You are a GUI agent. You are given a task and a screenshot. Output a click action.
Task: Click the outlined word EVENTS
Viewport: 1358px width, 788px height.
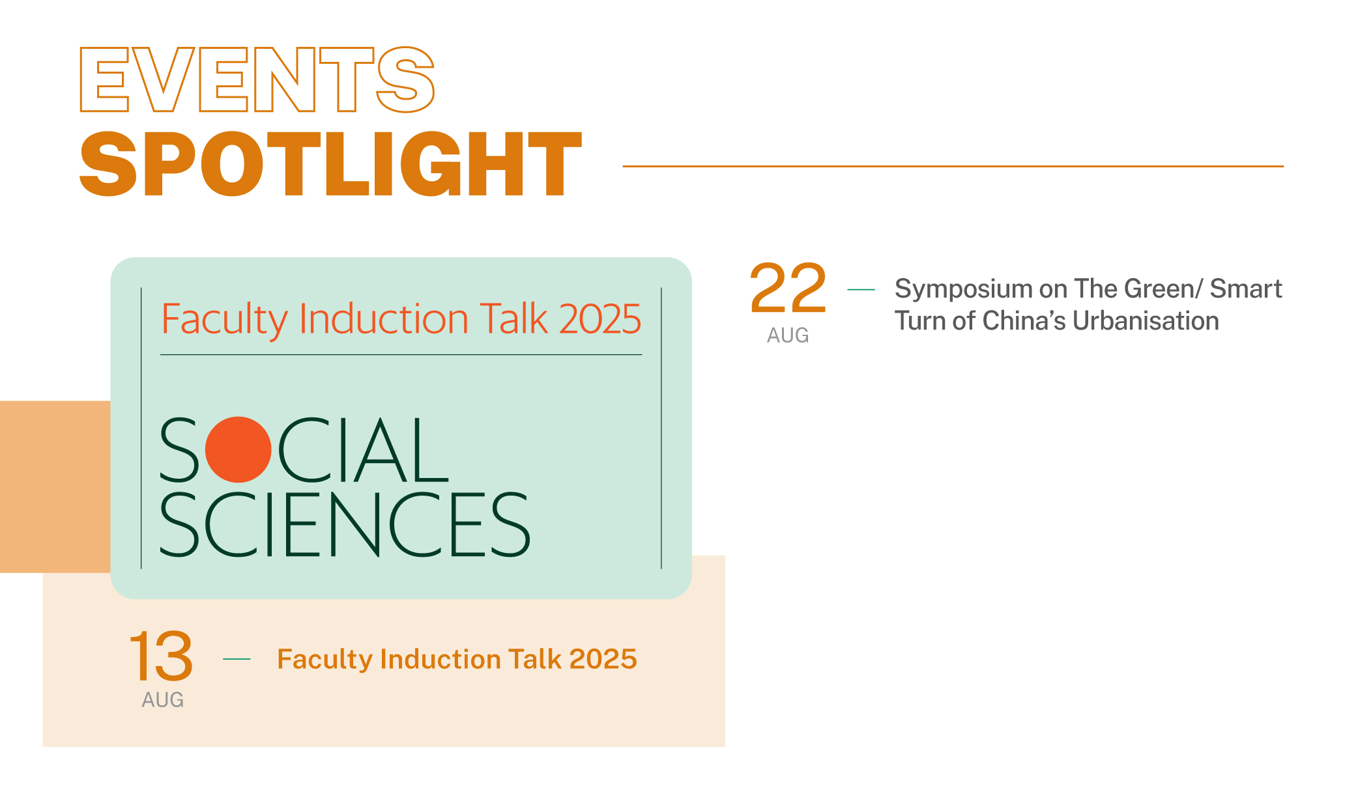(257, 79)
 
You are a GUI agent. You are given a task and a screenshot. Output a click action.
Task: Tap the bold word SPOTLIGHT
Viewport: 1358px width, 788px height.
(330, 163)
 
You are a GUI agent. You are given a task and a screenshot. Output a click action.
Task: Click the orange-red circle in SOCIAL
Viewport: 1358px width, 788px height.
(238, 449)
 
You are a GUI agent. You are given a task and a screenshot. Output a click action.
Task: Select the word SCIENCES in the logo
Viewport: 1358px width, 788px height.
(345, 524)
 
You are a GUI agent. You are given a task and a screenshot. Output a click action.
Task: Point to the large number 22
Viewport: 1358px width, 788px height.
(788, 288)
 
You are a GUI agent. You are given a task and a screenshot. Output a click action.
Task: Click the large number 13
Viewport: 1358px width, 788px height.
(161, 655)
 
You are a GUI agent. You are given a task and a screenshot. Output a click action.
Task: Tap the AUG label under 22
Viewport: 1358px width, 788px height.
(788, 335)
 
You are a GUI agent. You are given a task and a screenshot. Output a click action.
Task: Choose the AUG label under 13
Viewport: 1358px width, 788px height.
(163, 700)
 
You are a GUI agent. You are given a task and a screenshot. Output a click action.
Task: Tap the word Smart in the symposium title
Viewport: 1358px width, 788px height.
(1246, 288)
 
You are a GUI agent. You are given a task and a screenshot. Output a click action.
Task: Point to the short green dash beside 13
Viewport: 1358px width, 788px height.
(237, 659)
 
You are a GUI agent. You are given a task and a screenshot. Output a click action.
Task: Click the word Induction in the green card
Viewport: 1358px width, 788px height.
(384, 319)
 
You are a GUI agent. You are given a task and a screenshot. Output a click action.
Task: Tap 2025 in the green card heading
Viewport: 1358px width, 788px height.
(600, 319)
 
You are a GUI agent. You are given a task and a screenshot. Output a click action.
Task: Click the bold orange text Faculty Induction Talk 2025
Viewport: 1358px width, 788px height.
(457, 660)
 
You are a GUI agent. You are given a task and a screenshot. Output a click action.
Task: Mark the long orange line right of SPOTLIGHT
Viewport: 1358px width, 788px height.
(953, 166)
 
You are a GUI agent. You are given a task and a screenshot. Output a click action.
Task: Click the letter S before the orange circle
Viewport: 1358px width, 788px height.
(179, 449)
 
